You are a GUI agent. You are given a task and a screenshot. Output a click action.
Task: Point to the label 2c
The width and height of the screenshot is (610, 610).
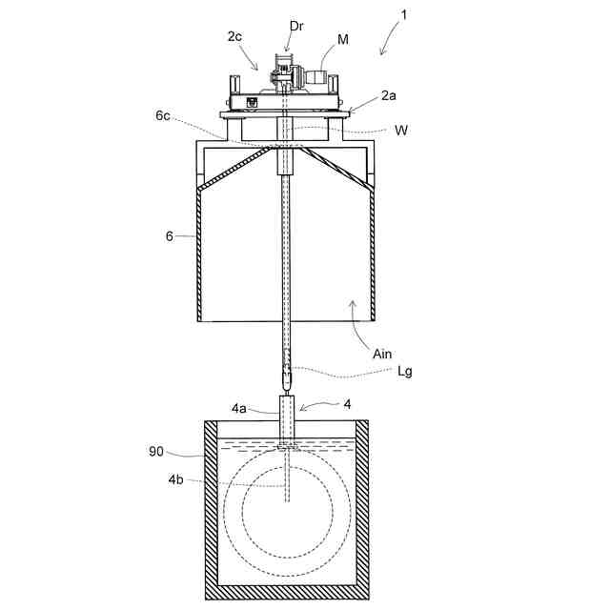click(234, 36)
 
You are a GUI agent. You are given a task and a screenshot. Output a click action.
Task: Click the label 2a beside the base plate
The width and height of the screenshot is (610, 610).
click(390, 96)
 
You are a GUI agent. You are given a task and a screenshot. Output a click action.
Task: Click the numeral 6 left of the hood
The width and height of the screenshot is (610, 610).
click(169, 235)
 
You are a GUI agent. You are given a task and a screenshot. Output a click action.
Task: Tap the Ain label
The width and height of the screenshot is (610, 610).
click(382, 354)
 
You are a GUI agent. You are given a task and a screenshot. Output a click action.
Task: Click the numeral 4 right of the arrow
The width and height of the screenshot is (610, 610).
click(347, 404)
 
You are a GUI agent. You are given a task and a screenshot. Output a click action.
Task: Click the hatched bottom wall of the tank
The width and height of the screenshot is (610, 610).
click(287, 592)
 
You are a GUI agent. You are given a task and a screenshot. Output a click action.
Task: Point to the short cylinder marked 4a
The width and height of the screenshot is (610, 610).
click(288, 417)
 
